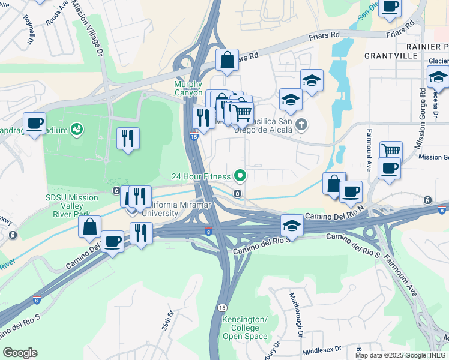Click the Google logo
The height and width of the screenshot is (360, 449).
click(x=20, y=353)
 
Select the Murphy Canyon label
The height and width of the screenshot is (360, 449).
click(x=188, y=89)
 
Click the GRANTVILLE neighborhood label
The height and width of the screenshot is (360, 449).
click(x=391, y=55)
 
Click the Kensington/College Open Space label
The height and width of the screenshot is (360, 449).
click(x=245, y=328)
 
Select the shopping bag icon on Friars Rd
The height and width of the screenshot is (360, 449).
click(x=228, y=61)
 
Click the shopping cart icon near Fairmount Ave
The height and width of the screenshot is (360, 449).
click(x=391, y=151)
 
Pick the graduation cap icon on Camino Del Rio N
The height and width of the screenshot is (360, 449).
click(x=292, y=226)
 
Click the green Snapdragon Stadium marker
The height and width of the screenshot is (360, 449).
click(x=76, y=128)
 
